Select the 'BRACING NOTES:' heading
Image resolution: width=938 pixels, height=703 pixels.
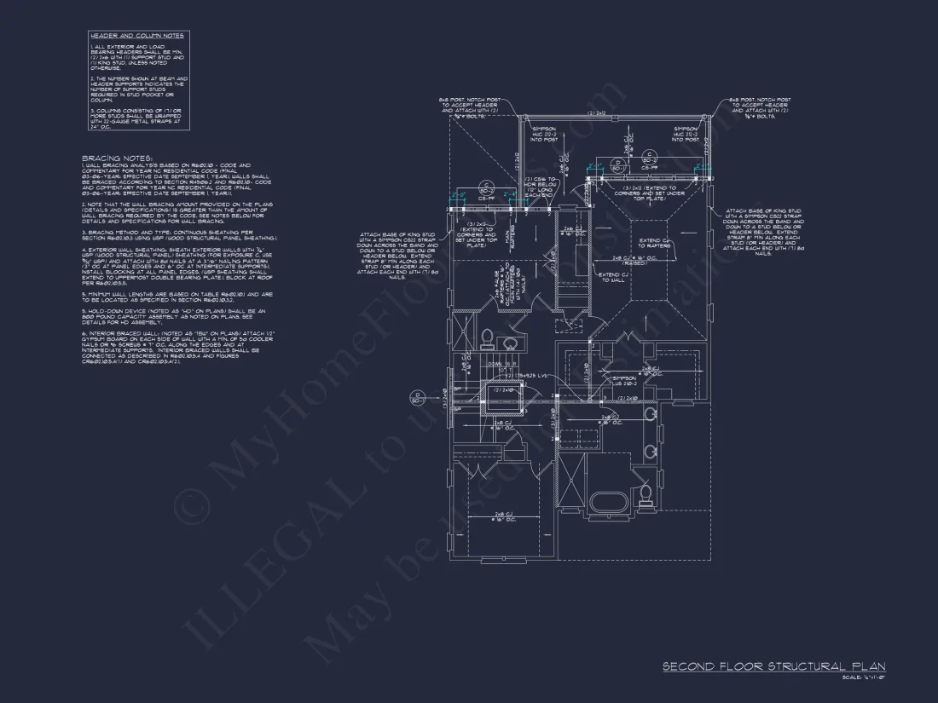point(117,158)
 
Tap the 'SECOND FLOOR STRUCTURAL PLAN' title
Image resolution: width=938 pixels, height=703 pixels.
point(773,666)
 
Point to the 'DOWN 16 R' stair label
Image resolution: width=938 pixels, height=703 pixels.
point(502,363)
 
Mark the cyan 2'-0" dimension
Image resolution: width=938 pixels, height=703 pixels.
point(458,195)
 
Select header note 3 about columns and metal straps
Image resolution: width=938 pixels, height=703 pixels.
point(139,117)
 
